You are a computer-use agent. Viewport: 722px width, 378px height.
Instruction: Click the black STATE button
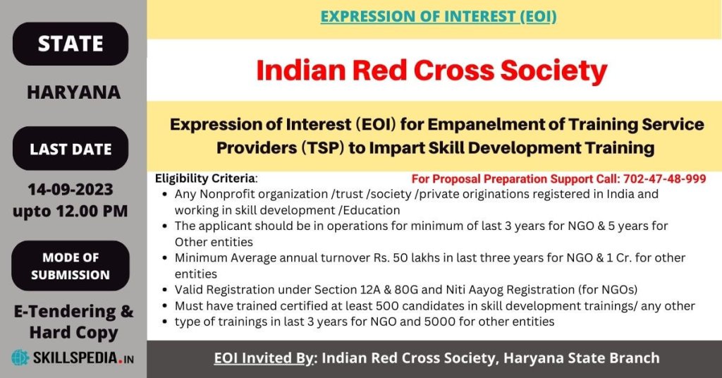pyautogui.click(x=71, y=44)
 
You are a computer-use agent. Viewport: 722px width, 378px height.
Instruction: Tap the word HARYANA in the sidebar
pyautogui.click(x=73, y=92)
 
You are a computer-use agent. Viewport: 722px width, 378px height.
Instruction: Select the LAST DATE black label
pyautogui.click(x=71, y=149)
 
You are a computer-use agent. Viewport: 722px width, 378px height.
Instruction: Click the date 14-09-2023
pyautogui.click(x=71, y=189)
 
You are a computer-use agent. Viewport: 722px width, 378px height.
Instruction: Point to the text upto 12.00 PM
pyautogui.click(x=70, y=211)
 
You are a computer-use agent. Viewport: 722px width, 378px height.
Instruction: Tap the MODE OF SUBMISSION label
pyautogui.click(x=71, y=266)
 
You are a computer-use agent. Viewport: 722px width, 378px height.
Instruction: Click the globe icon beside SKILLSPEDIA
pyautogui.click(x=20, y=358)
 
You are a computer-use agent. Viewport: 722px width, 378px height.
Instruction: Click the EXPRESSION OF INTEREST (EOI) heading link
pyautogui.click(x=439, y=17)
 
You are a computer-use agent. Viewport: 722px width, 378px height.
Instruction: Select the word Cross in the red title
pyautogui.click(x=453, y=71)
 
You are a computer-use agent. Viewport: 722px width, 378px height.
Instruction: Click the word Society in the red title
pyautogui.click(x=554, y=72)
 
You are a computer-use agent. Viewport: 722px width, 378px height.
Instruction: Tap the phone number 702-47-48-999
pyautogui.click(x=664, y=178)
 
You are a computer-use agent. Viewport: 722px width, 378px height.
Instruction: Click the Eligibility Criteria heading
pyautogui.click(x=205, y=178)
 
